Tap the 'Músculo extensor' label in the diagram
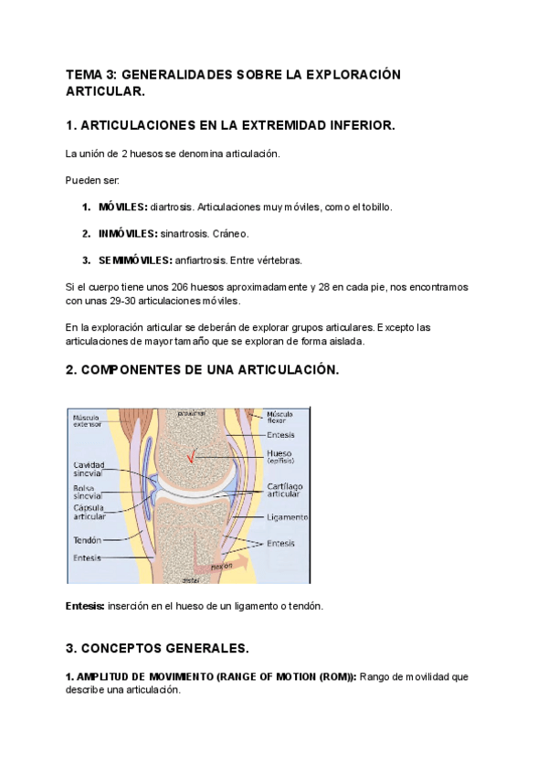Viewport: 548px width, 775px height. click(x=88, y=420)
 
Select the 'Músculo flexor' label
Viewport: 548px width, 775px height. click(x=279, y=418)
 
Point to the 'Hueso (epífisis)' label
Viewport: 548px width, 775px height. click(x=279, y=457)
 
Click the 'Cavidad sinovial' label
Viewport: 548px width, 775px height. click(x=88, y=470)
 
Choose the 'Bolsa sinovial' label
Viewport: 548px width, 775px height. click(x=88, y=491)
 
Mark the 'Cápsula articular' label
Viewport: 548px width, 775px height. click(x=90, y=512)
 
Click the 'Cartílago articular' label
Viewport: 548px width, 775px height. click(x=284, y=490)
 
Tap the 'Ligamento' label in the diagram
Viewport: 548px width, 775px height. click(x=287, y=517)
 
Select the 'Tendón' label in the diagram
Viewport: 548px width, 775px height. click(x=86, y=540)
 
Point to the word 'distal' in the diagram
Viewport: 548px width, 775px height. click(x=190, y=579)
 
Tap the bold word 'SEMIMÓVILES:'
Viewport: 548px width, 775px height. click(x=135, y=260)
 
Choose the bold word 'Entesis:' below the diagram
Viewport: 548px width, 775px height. click(x=85, y=606)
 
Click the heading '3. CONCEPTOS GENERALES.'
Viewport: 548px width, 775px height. click(x=157, y=648)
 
